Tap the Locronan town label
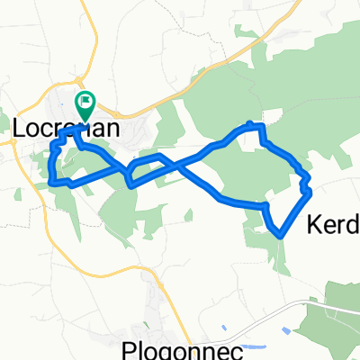click(x=67, y=129)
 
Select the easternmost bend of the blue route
click(x=310, y=191)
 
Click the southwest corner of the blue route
click(x=53, y=182)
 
